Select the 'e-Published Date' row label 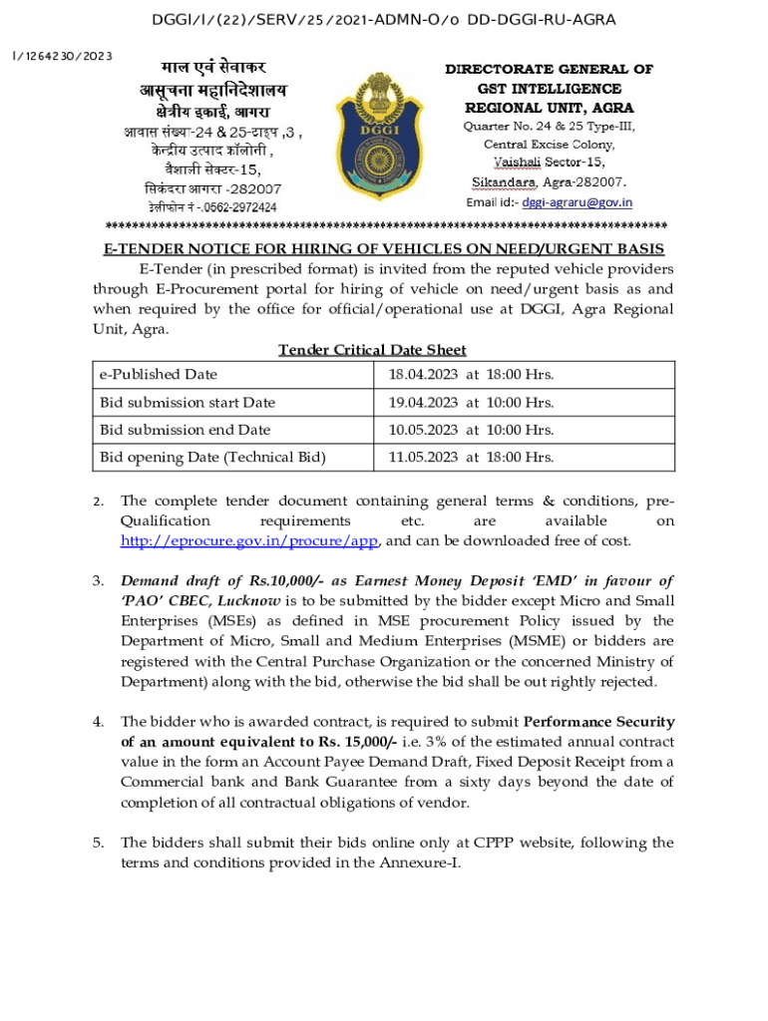(x=158, y=375)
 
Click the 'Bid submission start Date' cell (x=187, y=403)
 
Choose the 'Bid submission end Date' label (x=185, y=430)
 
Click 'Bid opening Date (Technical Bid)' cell (x=212, y=458)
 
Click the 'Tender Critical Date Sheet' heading (x=372, y=350)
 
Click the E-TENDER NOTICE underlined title (x=384, y=249)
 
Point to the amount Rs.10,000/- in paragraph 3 (x=267, y=581)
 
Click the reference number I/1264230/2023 (x=62, y=56)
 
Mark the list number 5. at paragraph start (x=99, y=843)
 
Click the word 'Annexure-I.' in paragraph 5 (x=422, y=862)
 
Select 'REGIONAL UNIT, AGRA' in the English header (x=549, y=108)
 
